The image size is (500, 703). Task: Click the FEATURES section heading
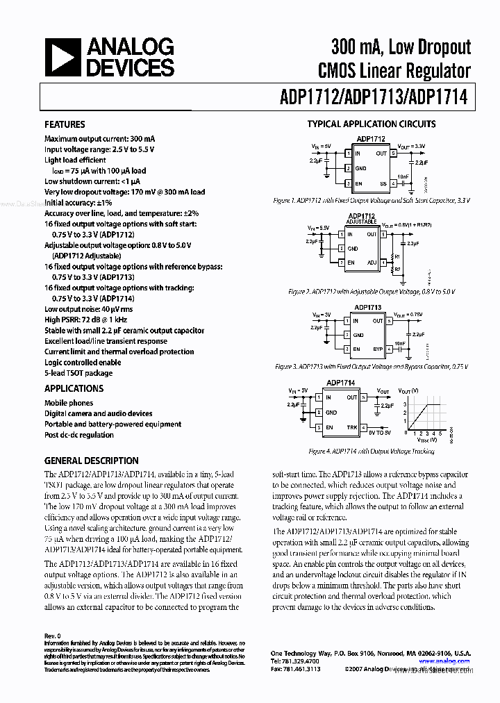tap(65, 125)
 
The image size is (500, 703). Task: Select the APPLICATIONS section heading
tap(74, 389)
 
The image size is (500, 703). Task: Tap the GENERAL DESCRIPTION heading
tap(91, 461)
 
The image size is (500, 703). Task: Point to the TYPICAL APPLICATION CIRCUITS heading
tap(372, 124)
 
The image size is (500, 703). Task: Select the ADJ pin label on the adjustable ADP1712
tap(372, 263)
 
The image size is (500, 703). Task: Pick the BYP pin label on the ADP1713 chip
tap(377, 349)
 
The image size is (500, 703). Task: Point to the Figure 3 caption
tap(372, 366)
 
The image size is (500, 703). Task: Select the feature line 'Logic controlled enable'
tap(83, 363)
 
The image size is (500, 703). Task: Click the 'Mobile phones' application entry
tap(69, 403)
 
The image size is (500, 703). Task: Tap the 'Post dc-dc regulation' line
tap(79, 435)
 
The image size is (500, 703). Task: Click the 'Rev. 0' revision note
tap(53, 635)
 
